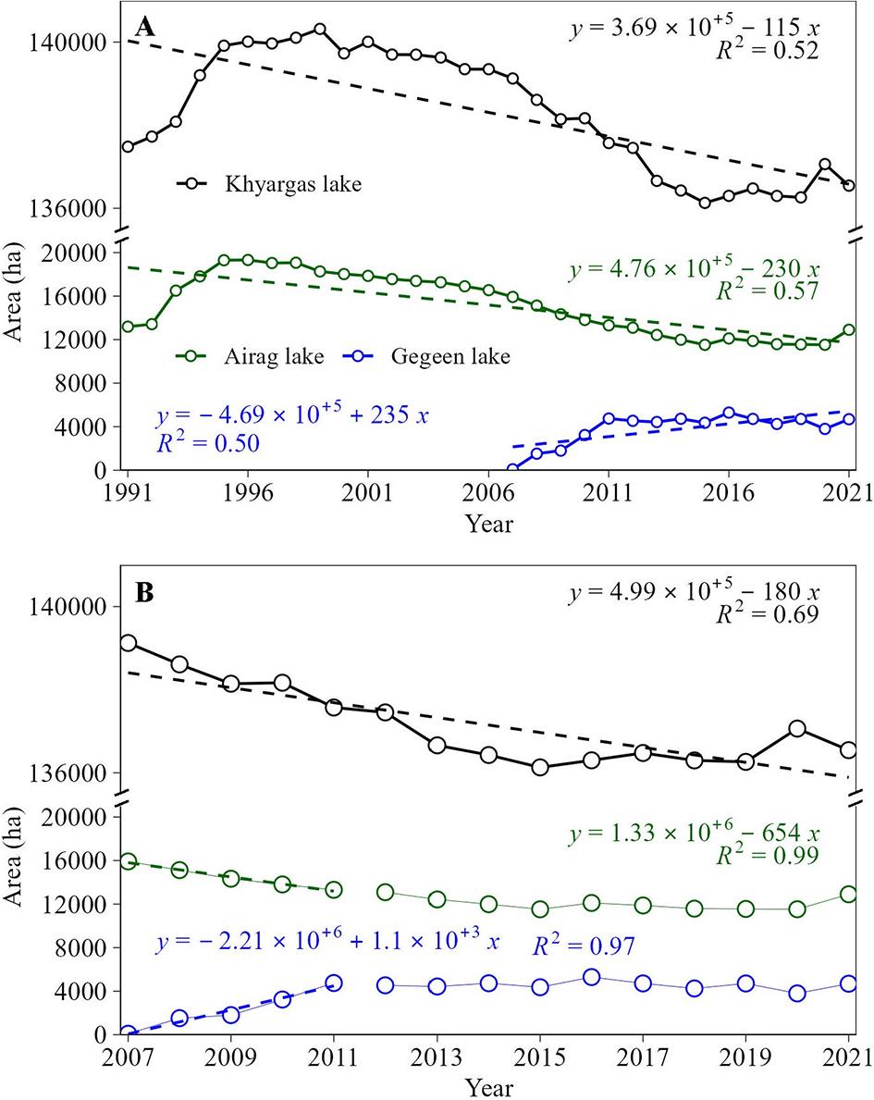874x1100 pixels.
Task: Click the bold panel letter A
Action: tap(144, 27)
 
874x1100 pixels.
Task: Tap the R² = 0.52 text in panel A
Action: tap(764, 52)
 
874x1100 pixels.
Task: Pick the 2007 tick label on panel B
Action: tap(129, 1057)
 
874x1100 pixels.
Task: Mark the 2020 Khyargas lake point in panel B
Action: tap(797, 729)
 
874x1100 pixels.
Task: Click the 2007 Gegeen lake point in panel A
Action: tap(512, 470)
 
